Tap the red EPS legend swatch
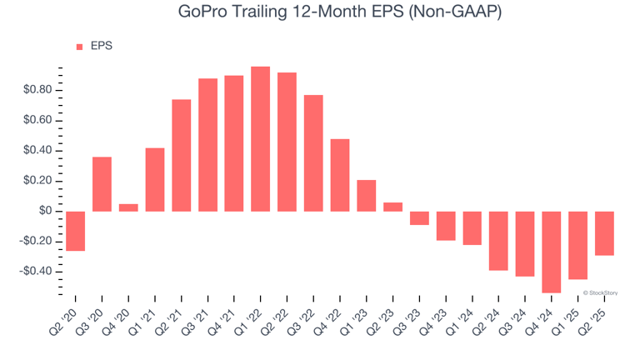coord(80,47)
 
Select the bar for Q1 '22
coord(261,139)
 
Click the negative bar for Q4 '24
coord(552,252)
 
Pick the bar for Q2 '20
coord(75,231)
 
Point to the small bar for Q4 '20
coord(128,207)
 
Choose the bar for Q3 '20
coord(102,184)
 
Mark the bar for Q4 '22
coord(340,175)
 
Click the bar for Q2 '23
coord(392,207)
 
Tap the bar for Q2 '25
coord(604,233)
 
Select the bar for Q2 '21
coord(181,155)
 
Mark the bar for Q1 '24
coord(472,228)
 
